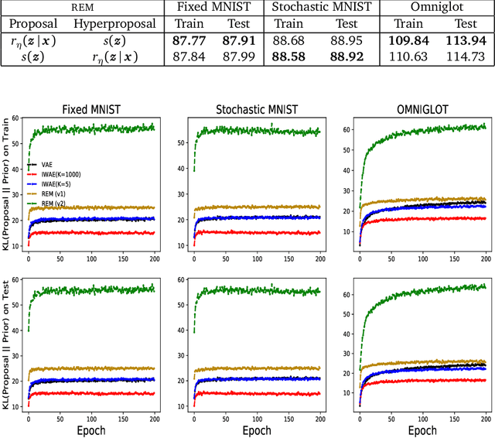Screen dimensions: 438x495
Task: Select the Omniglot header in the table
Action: (434, 8)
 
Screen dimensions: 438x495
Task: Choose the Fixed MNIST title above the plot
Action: (88, 109)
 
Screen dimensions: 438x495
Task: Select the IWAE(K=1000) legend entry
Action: (60, 175)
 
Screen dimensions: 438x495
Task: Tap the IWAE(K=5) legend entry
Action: (55, 184)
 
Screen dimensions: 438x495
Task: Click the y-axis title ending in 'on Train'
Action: (7, 185)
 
